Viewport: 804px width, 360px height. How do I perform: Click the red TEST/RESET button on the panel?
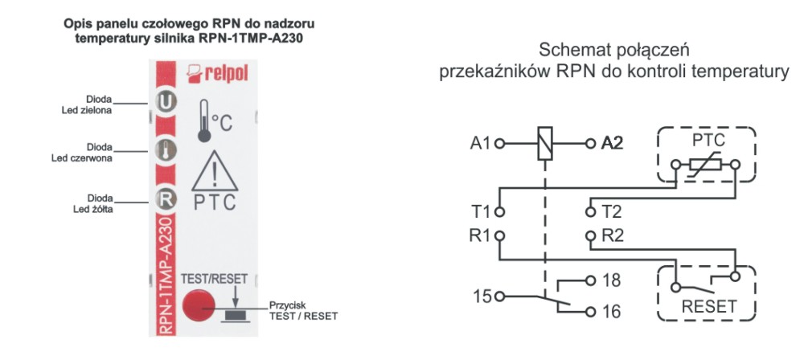click(x=197, y=305)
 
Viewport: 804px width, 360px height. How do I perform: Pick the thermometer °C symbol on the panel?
click(x=214, y=121)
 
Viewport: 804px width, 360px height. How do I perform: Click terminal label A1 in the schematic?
click(x=479, y=145)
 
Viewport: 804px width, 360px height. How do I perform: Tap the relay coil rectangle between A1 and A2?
click(x=546, y=145)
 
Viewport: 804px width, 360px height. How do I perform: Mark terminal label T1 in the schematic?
click(x=481, y=212)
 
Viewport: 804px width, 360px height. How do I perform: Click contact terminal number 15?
click(x=480, y=296)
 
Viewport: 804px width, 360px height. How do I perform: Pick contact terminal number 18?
click(x=613, y=281)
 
